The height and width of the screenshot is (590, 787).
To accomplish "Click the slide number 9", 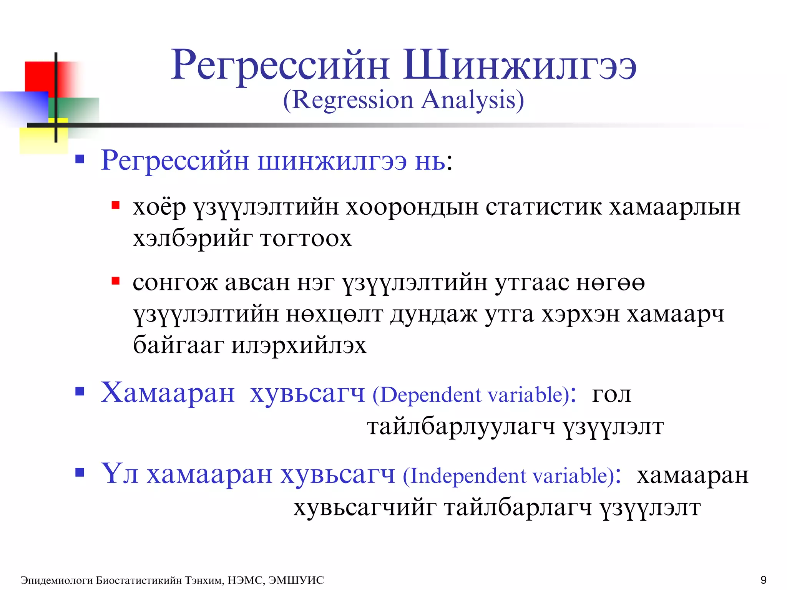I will click(763, 580).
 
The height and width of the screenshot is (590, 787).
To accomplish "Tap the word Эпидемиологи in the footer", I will click(56, 580).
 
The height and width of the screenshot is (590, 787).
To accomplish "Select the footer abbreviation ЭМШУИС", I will click(296, 580).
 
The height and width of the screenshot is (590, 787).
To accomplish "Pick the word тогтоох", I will click(306, 239).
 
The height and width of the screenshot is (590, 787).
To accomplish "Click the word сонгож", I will click(175, 283).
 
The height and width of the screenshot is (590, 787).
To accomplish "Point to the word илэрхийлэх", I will click(299, 345).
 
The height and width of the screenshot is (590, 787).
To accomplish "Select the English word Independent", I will click(467, 476).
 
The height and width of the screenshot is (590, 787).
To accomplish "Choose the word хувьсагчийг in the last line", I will click(365, 508).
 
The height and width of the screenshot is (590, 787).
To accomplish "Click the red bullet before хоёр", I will click(115, 206).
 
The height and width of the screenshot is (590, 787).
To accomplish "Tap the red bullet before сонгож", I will click(115, 281).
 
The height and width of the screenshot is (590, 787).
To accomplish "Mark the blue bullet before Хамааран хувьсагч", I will click(80, 391).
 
